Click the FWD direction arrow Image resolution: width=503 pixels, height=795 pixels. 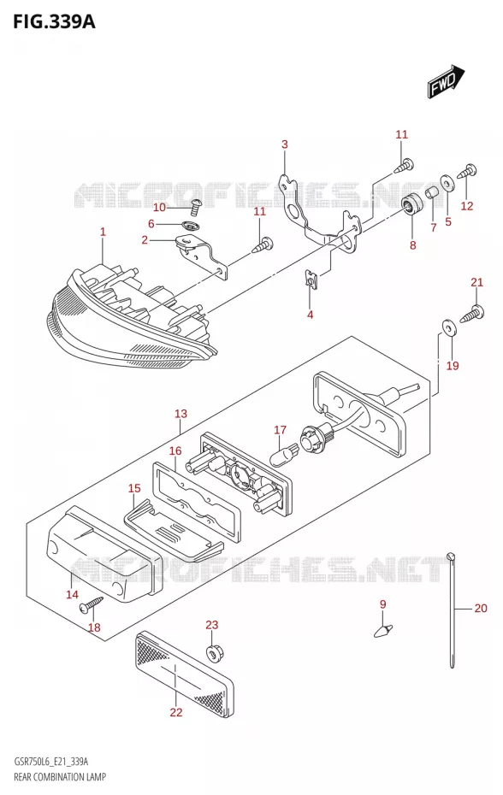[x=446, y=81]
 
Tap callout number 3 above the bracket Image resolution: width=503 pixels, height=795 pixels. [x=285, y=144]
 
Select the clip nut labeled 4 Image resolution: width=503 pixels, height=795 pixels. [x=311, y=280]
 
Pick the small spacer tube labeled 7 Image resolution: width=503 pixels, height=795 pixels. [x=431, y=194]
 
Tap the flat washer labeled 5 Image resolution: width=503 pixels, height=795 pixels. [x=447, y=182]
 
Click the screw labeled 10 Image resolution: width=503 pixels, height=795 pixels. [x=194, y=205]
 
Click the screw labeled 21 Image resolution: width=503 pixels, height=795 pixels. [x=472, y=315]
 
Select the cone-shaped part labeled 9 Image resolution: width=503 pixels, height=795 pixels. [x=383, y=630]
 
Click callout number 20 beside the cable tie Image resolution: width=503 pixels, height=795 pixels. [x=480, y=608]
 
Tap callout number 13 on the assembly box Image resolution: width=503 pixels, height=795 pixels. [x=181, y=414]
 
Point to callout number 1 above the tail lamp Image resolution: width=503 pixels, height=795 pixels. [x=103, y=233]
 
